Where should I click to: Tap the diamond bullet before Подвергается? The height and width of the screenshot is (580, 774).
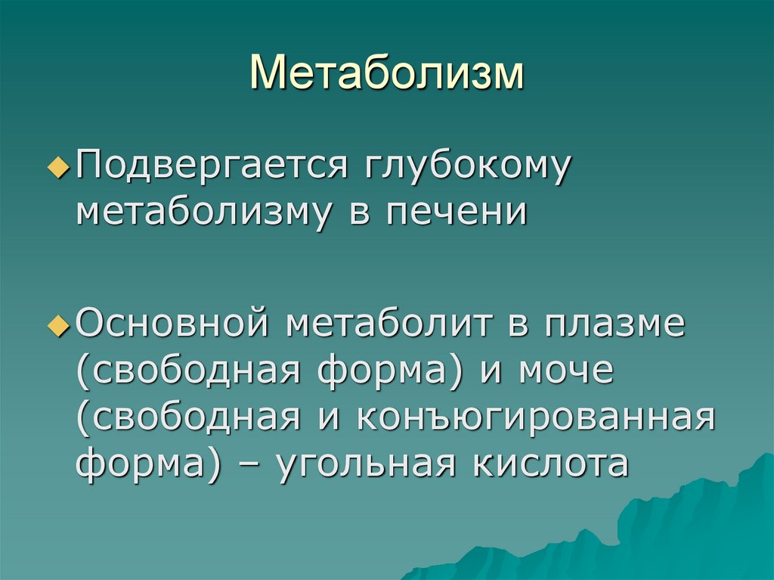pos(63,169)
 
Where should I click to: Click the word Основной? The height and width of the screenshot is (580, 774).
pos(173,325)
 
